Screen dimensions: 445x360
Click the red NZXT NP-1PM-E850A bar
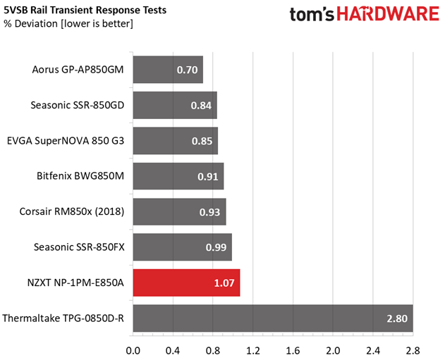pos(186,283)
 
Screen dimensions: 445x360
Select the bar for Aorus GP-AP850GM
pos(168,70)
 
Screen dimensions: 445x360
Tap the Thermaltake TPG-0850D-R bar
pos(273,318)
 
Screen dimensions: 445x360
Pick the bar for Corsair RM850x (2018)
pos(180,212)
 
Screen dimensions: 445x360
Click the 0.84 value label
pos(201,106)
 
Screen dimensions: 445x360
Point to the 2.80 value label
pos(397,318)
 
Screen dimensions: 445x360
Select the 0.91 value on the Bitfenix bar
pos(208,177)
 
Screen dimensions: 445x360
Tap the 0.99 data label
pos(216,247)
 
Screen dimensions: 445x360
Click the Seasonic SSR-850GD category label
pos(78,105)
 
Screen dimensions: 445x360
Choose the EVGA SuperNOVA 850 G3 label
pos(66,141)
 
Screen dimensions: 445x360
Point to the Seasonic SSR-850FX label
pos(79,247)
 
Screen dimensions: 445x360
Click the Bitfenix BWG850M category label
pos(80,176)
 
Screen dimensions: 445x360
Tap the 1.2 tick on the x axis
pos(253,351)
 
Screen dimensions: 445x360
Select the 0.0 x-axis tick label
pos(133,351)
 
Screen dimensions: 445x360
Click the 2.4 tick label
pos(373,351)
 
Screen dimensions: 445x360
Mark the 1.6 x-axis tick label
pos(293,351)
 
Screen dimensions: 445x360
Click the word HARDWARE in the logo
pos(388,13)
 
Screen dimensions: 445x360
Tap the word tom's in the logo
pos(312,14)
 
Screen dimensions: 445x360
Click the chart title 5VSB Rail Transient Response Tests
pos(85,10)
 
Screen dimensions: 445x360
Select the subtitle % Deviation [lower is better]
pos(68,23)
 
